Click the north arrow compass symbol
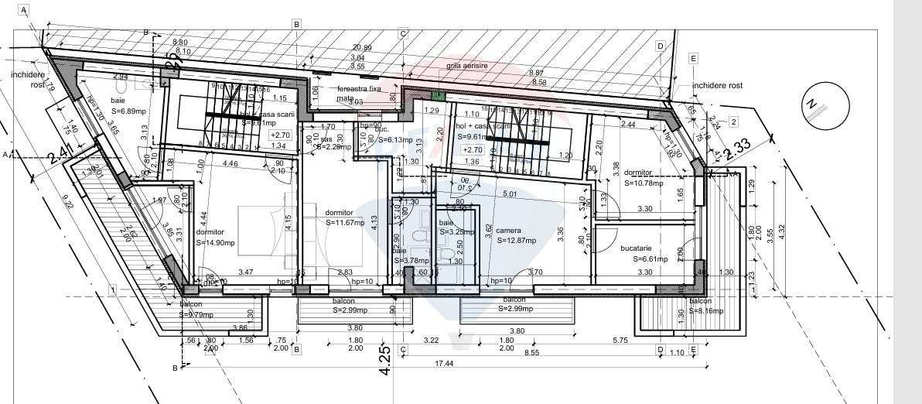pyautogui.click(x=814, y=110)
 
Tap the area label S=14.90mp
pyautogui.click(x=215, y=242)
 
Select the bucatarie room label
pyautogui.click(x=637, y=248)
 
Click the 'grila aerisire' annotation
pyautogui.click(x=467, y=67)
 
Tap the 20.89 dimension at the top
pyautogui.click(x=362, y=48)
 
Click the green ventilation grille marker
pyautogui.click(x=439, y=97)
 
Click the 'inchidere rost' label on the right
pyautogui.click(x=717, y=86)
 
